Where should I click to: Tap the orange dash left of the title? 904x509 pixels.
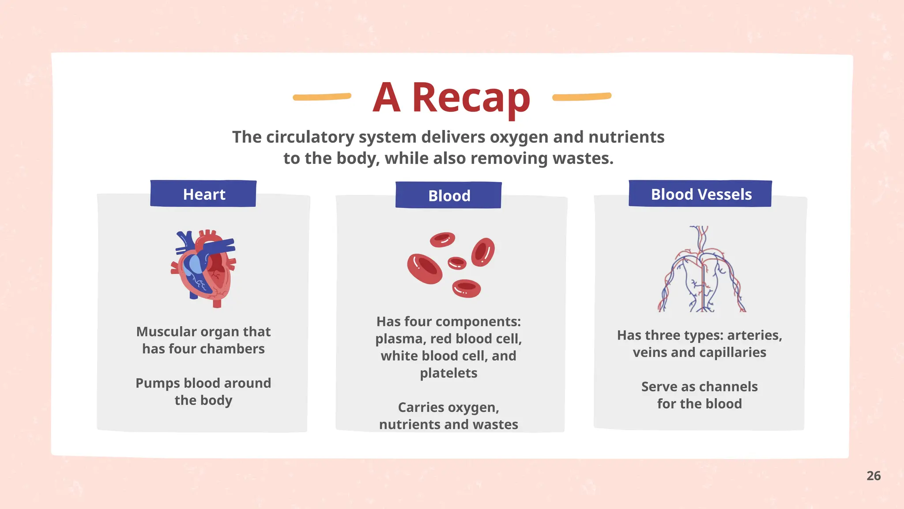point(322,97)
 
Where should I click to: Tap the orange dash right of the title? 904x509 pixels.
point(582,97)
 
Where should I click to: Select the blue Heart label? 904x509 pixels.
point(203,194)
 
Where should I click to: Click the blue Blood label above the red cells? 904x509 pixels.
point(448,195)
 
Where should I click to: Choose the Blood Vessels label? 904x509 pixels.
point(701,194)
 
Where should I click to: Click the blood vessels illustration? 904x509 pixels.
point(702,270)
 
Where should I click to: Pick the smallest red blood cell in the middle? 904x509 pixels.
point(457,263)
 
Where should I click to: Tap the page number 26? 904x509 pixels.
point(874,476)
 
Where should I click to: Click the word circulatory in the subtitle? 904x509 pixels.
point(310,137)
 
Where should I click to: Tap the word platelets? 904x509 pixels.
point(448,373)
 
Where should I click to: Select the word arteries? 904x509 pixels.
point(754,335)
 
